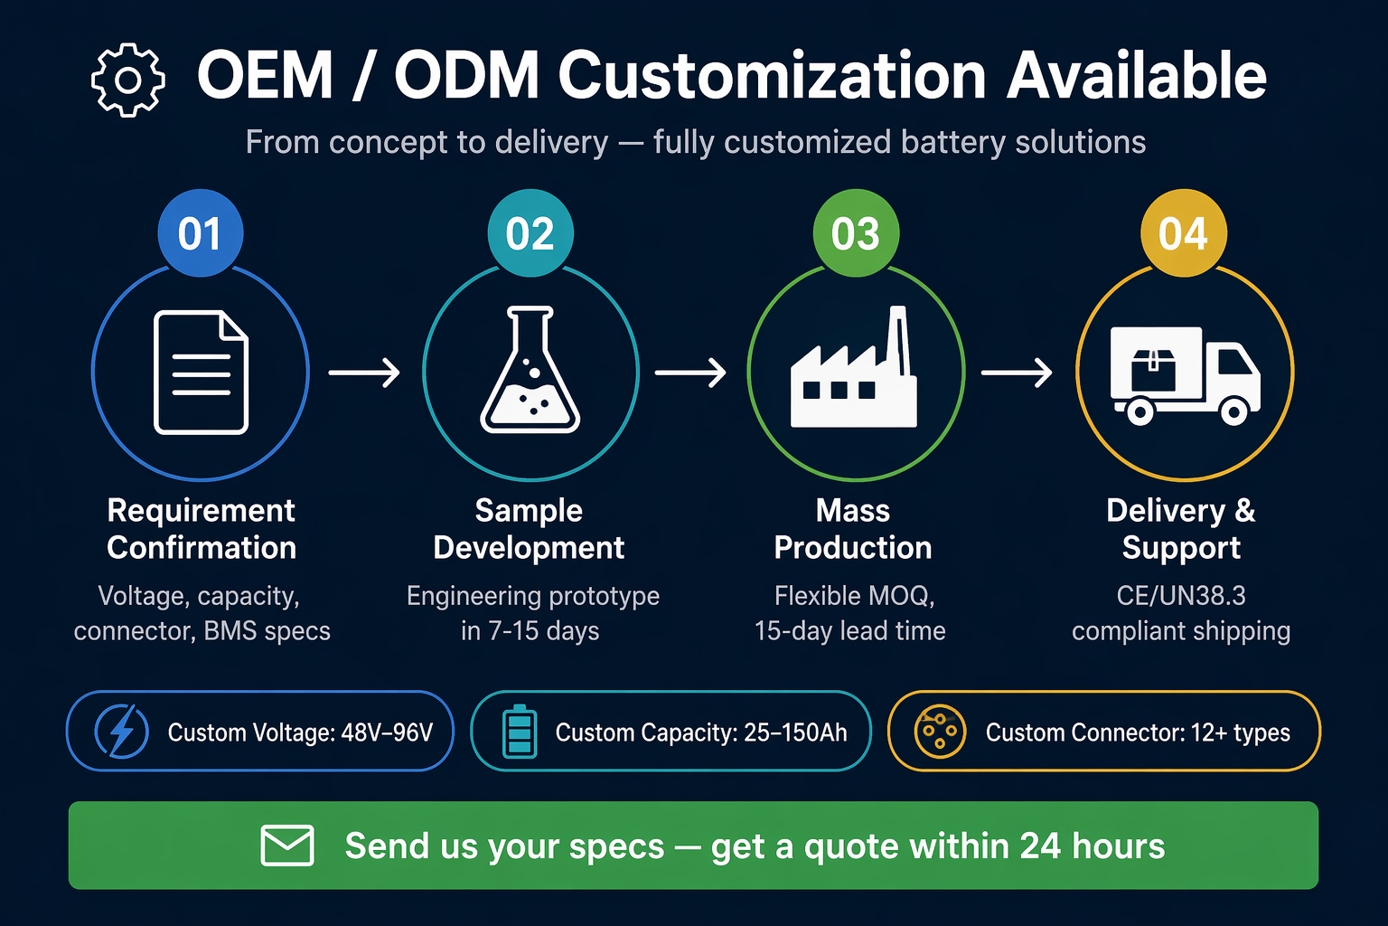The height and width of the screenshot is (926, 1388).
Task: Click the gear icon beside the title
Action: point(128,80)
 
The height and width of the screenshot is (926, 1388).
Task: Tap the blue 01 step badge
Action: point(200,232)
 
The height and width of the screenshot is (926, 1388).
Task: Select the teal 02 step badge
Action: point(530,232)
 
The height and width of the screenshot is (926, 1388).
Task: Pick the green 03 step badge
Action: point(856,232)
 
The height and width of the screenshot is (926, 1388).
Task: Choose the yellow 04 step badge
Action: point(1184,232)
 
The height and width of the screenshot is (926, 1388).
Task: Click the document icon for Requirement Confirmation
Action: point(201,373)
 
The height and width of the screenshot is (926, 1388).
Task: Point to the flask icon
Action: point(530,369)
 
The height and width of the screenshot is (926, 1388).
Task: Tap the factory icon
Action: point(854,366)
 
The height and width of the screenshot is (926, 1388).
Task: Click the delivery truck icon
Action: point(1185,375)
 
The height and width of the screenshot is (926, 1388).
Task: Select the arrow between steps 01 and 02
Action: point(364,373)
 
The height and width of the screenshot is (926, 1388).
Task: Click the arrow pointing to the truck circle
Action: point(1017,373)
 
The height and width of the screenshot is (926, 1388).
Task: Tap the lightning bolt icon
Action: point(121,732)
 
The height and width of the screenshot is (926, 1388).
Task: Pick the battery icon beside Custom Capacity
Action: point(520,732)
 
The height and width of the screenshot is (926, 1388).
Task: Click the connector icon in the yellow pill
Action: point(940,732)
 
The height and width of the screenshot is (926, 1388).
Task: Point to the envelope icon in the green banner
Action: point(286,846)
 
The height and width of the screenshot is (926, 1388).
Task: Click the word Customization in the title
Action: point(772,76)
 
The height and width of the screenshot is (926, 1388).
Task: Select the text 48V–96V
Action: point(387,732)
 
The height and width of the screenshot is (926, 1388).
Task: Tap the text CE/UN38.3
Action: point(1181,596)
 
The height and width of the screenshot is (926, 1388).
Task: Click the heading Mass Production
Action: point(853,529)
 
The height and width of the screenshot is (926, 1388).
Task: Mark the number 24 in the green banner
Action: point(1040,846)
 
